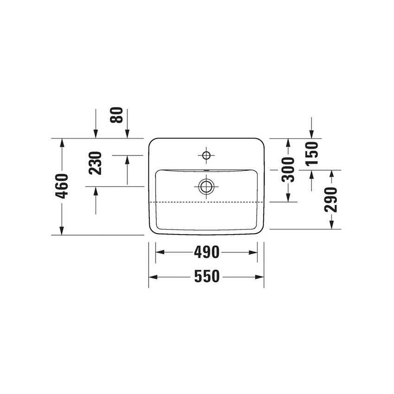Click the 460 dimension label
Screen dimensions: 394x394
[62, 186]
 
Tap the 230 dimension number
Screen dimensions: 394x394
[95, 163]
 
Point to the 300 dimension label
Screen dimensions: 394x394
[288, 169]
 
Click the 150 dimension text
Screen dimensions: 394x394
[311, 153]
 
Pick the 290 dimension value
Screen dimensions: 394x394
[331, 200]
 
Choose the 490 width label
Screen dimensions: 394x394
[206, 253]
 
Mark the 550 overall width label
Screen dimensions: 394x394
[206, 277]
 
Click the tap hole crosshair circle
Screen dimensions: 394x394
[206, 154]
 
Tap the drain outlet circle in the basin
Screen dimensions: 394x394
[206, 187]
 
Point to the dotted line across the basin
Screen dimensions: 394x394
[206, 203]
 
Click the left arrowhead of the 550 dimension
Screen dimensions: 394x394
[152, 277]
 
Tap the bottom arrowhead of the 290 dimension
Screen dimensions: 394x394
[331, 225]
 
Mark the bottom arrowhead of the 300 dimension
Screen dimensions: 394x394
[288, 198]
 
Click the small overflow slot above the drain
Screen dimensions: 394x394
[206, 171]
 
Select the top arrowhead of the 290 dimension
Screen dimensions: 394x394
[331, 174]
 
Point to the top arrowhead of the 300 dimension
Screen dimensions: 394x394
[288, 142]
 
